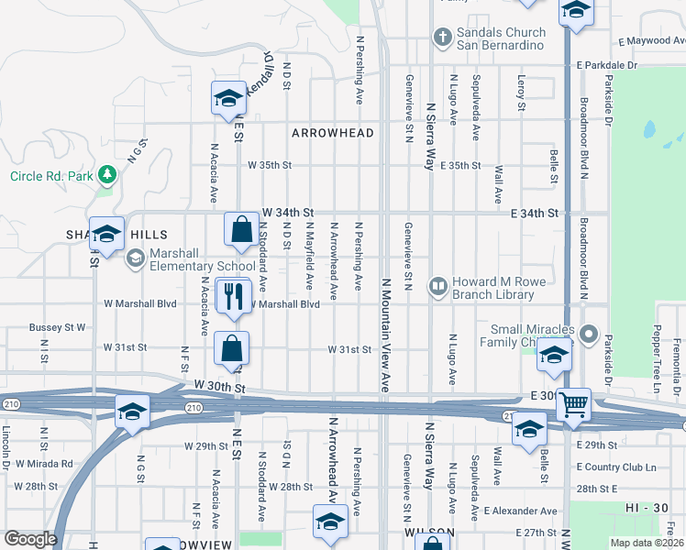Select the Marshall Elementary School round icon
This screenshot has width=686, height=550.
134,258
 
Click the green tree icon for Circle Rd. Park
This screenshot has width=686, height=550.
107,173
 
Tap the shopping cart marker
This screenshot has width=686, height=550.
573,404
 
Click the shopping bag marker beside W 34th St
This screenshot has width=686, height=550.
241,230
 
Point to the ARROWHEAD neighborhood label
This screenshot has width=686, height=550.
333,133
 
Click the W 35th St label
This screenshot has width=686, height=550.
270,166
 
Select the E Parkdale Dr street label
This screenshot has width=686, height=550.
606,65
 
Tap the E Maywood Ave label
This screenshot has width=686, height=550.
651,41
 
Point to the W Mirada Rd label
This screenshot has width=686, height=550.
43,464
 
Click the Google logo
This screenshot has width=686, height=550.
30,539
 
